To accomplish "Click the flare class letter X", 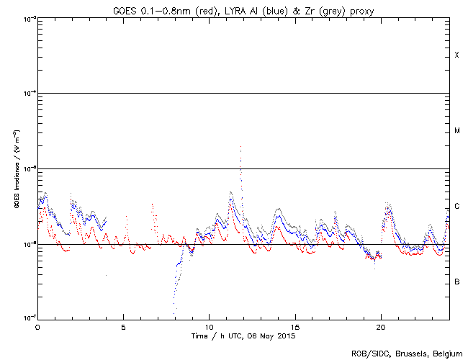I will click(x=456, y=55).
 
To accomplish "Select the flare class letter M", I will click(x=456, y=131).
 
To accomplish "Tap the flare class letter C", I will click(x=456, y=207).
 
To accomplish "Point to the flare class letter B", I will click(x=456, y=282).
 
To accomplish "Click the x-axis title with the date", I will click(x=243, y=336).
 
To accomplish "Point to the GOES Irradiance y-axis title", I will click(x=15, y=169).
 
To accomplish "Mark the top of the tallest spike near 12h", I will click(x=240, y=147).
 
